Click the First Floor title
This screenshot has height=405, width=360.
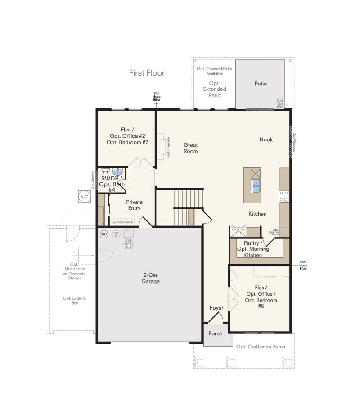(147, 73)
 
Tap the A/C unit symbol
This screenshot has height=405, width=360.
(84, 197)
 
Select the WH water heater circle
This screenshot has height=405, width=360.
(103, 234)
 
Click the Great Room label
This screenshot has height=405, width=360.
(190, 148)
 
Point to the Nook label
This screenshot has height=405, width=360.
(266, 139)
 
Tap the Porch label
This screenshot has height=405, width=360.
(216, 333)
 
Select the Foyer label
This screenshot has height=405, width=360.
(216, 308)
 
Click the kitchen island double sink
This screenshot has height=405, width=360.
(256, 186)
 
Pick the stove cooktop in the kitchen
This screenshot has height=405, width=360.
(284, 196)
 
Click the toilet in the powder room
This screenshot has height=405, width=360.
(105, 172)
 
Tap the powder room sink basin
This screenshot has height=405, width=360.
(117, 172)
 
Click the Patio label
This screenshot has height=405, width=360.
(261, 84)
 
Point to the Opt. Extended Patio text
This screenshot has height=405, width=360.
(215, 89)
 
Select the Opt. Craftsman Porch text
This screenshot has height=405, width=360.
(261, 346)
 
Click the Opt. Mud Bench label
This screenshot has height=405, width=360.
(122, 222)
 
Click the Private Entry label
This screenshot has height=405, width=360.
(134, 205)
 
